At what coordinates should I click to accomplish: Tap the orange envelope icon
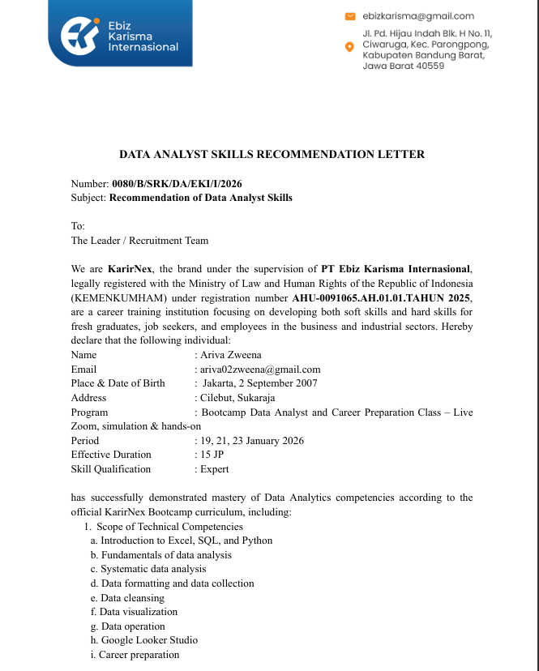pos(350,15)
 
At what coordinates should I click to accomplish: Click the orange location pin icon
pos(349,47)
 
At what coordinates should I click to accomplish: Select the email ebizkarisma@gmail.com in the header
pos(418,15)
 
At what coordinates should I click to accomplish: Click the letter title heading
pos(272,154)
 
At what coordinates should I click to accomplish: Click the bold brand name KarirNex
pos(130,268)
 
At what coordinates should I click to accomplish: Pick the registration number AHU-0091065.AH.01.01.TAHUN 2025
pos(382,297)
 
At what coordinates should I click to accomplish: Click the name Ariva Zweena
pos(232,354)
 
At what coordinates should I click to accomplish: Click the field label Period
pos(84,440)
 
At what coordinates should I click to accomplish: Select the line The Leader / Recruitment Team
pos(139,240)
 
